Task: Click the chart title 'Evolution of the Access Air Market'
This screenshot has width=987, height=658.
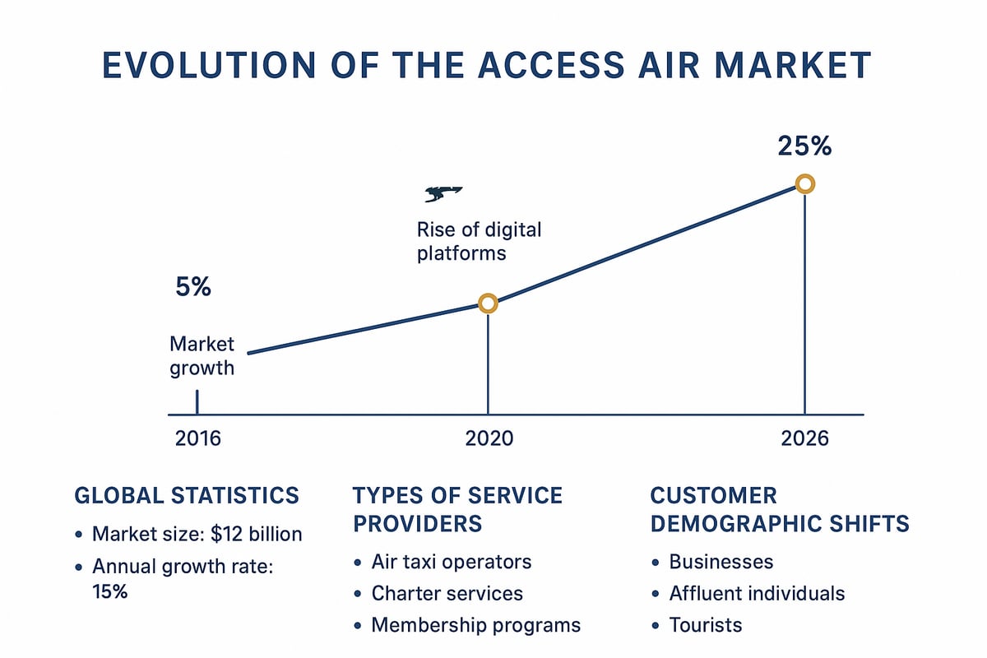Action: (x=485, y=66)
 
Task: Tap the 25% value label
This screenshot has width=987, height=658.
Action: (x=804, y=146)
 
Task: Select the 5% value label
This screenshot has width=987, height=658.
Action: (x=193, y=288)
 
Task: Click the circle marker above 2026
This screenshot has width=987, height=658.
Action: (x=805, y=183)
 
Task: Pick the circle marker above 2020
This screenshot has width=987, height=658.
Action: (x=488, y=304)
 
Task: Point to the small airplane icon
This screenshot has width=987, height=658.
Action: (x=443, y=194)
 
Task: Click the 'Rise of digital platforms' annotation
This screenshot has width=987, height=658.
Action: (x=479, y=241)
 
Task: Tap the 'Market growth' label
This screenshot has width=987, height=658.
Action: (x=202, y=356)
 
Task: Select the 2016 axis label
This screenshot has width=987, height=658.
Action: (x=198, y=438)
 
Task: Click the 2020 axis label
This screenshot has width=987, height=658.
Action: (x=489, y=438)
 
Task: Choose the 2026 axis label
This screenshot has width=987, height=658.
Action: (x=804, y=438)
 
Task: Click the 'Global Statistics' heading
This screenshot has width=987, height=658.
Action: (x=187, y=495)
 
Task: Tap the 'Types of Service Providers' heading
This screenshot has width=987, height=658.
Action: (x=457, y=509)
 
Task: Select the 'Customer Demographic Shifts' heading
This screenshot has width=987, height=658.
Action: (x=779, y=509)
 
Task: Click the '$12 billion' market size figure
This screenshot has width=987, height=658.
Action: (x=257, y=535)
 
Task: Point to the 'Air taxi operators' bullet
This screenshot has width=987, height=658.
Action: (x=451, y=562)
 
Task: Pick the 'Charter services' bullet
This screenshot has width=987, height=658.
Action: (x=447, y=593)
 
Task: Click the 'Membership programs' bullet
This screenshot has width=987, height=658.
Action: (x=475, y=625)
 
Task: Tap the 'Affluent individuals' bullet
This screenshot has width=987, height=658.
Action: (x=757, y=593)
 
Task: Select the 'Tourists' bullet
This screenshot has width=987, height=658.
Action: (x=705, y=625)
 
